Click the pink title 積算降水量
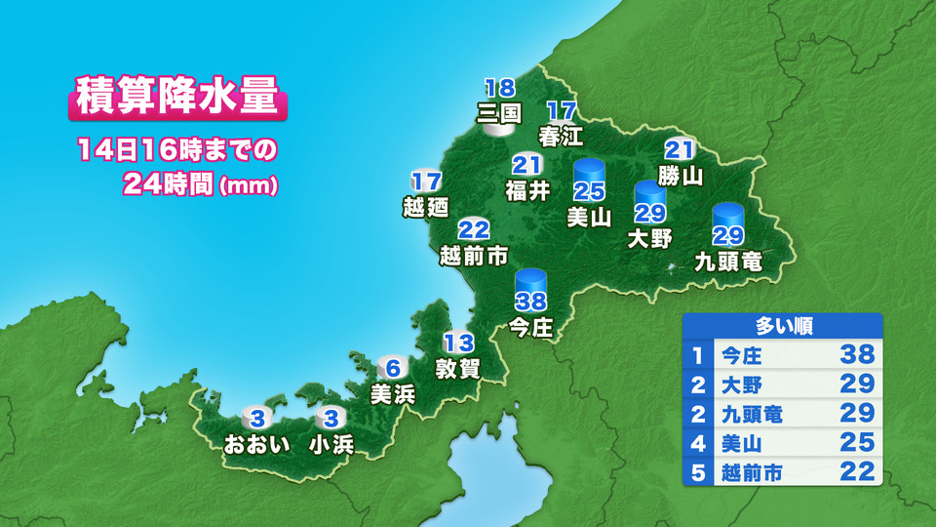coord(177,100)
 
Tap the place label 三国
coord(498,112)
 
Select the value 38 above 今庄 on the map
coord(530,303)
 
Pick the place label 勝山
coord(680,176)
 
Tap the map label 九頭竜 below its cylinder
coord(727,261)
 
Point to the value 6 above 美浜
coord(392,369)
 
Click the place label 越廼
coord(425,206)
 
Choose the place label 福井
coord(527,189)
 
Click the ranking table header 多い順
coord(784,326)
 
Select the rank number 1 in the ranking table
coord(697,355)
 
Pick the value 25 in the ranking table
coord(856,444)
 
